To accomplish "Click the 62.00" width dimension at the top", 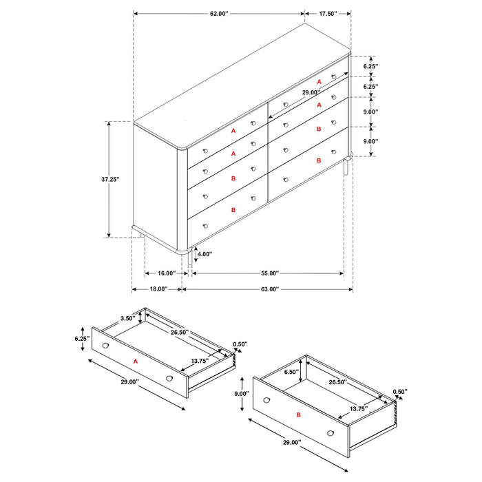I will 218,13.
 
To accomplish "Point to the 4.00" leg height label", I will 205,254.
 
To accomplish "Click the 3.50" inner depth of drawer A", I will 127,319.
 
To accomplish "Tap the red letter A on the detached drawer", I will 135,360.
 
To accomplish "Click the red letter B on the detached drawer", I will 298,416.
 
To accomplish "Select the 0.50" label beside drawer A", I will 240,344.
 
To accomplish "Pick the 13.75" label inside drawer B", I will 358,409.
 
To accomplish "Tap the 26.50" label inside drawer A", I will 181,332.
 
